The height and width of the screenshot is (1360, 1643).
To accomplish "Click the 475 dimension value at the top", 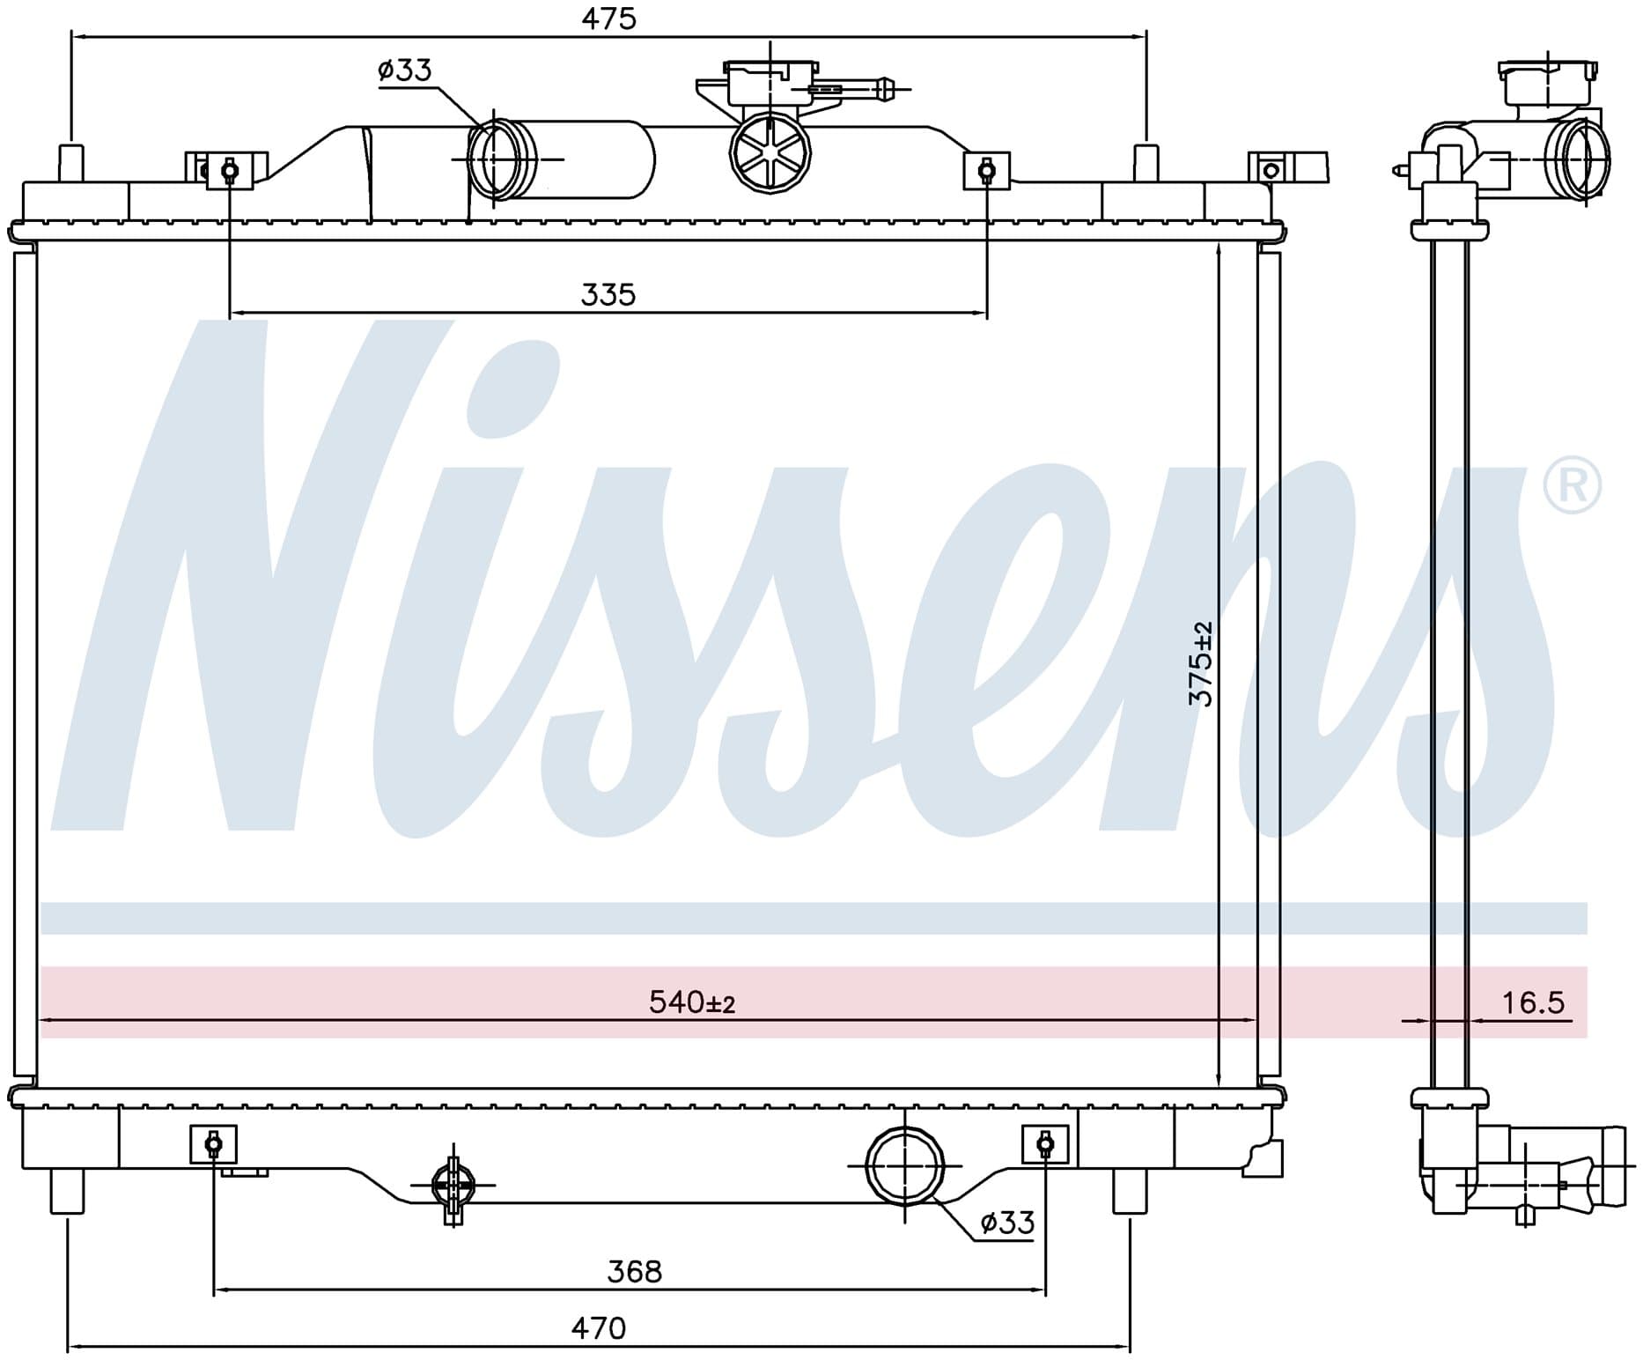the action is [608, 18].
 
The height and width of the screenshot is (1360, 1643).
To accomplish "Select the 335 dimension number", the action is [608, 294].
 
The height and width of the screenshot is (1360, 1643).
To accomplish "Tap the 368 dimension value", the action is [634, 1271].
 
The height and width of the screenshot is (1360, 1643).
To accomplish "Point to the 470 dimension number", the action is [599, 1327].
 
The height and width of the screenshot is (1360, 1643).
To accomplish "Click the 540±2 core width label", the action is [692, 1002].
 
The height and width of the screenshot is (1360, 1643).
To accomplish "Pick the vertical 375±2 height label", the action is [1201, 663].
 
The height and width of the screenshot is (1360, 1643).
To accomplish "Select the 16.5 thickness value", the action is [1533, 1002].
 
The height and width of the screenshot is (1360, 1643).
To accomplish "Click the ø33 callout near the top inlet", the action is [405, 70].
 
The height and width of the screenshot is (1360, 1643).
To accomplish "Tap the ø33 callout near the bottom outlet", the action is [1007, 1223].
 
